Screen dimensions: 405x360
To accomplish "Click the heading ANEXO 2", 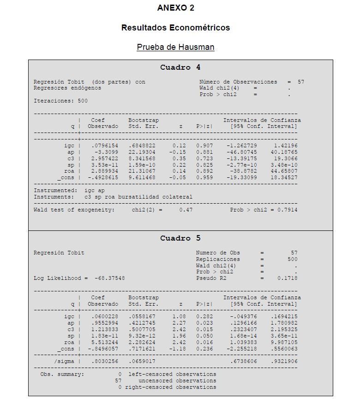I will click(x=175, y=8).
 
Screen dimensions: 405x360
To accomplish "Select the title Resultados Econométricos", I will click(x=175, y=28).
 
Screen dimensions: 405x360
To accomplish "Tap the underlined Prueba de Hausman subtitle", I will click(x=175, y=47).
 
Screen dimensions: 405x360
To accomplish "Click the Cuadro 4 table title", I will click(x=180, y=67).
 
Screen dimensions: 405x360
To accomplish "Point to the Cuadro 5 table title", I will click(x=180, y=238).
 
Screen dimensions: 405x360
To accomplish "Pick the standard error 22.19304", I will click(x=142, y=152).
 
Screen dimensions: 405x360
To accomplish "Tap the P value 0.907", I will click(x=204, y=145).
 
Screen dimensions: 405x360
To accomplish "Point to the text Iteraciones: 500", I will click(x=60, y=101).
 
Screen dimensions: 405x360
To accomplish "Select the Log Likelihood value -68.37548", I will click(x=109, y=278).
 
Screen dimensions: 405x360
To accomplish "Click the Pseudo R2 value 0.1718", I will click(x=287, y=278).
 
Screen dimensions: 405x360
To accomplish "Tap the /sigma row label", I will click(x=63, y=361).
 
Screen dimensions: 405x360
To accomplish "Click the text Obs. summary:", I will click(x=62, y=374).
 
